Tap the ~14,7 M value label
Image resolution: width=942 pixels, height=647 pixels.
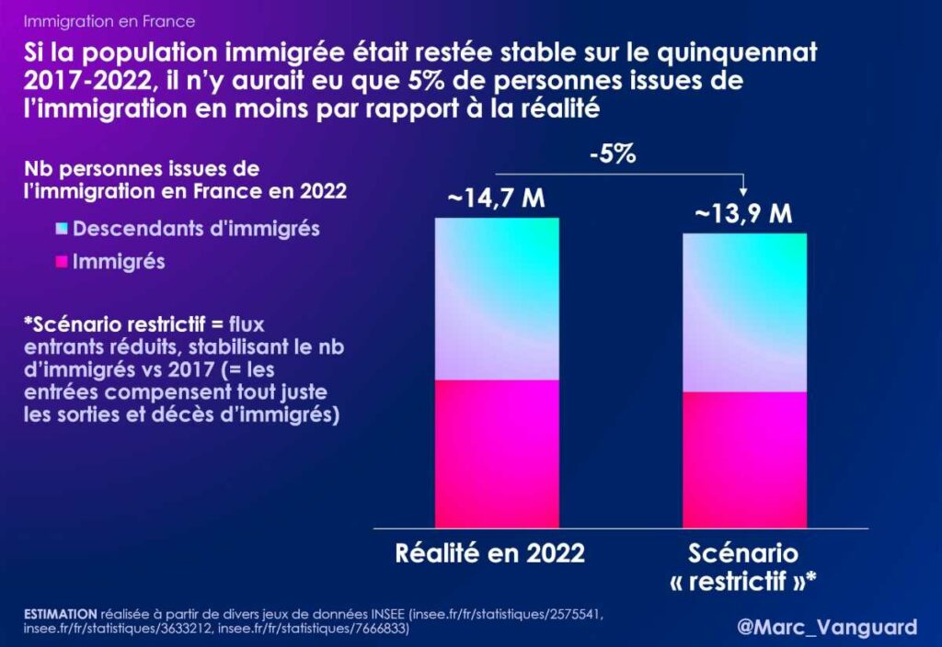point(496,199)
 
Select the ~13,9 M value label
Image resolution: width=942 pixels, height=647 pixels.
point(744,214)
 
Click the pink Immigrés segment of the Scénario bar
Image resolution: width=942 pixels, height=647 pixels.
point(744,460)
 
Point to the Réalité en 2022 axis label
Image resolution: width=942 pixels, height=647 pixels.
point(490,554)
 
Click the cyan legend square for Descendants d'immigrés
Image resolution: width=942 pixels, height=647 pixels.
point(61,228)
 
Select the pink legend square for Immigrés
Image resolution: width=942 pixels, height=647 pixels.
point(61,262)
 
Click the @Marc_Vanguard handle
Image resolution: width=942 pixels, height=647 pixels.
point(827,627)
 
